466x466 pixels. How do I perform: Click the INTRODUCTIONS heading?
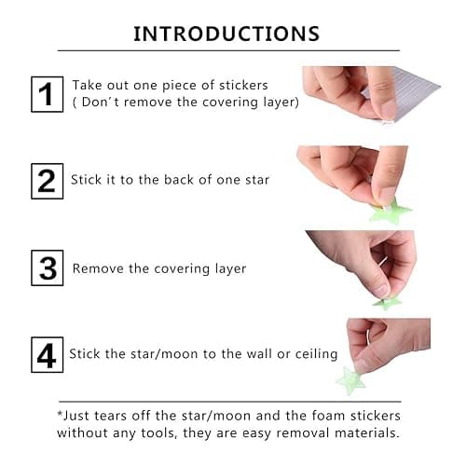(226, 34)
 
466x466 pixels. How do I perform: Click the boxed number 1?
(47, 94)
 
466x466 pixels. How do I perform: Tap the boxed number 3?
(47, 268)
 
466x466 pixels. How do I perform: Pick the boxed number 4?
(47, 354)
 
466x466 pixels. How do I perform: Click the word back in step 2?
(183, 179)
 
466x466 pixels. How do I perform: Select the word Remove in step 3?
(98, 268)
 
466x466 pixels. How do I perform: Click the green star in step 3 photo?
(387, 301)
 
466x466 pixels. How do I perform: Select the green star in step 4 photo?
(351, 380)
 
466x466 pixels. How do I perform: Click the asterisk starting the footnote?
(61, 415)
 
